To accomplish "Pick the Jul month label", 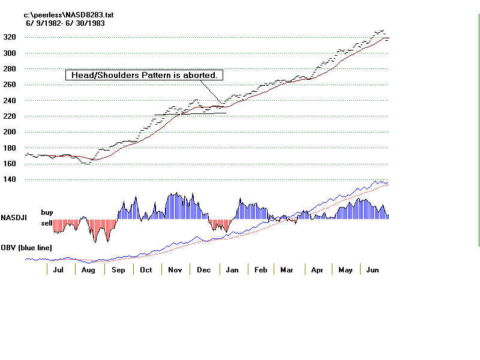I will pyautogui.click(x=58, y=271).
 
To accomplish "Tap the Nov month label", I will pyautogui.click(x=174, y=271).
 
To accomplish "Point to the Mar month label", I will pyautogui.click(x=287, y=271).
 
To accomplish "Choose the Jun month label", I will pyautogui.click(x=372, y=271).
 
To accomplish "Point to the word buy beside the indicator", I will pyautogui.click(x=47, y=212).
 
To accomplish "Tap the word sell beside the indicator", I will pyautogui.click(x=46, y=223).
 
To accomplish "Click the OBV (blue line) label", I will pyautogui.click(x=26, y=247).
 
